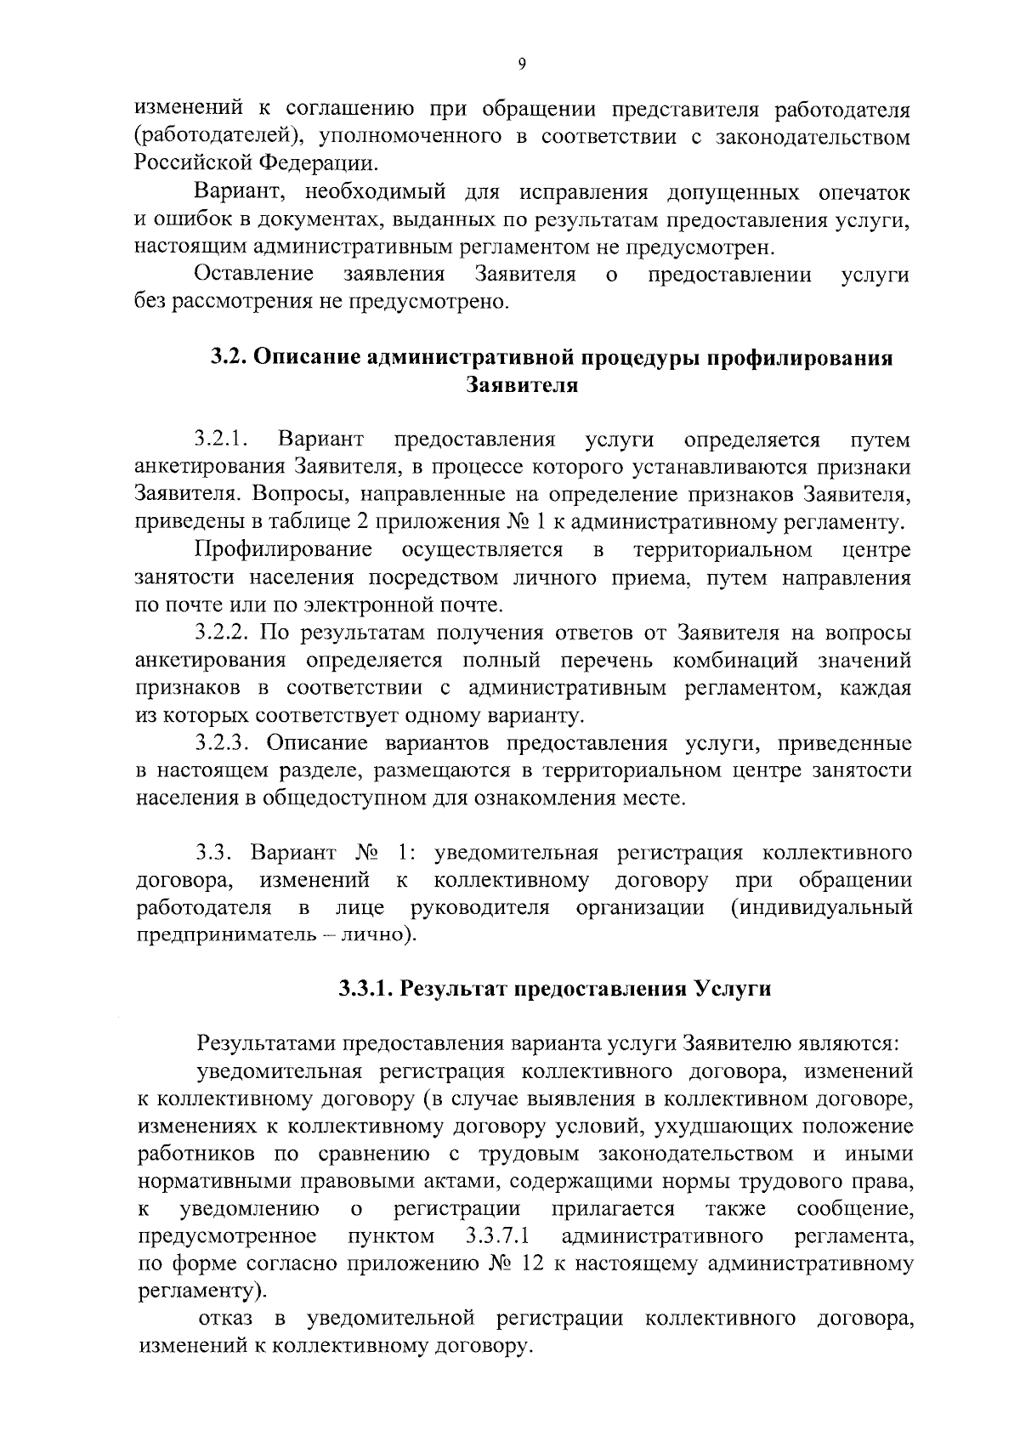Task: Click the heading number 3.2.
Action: (x=228, y=358)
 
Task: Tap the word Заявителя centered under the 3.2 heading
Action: (x=522, y=385)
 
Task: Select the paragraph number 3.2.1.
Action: (x=220, y=440)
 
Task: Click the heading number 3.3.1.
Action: (x=364, y=989)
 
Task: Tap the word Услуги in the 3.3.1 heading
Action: (x=732, y=989)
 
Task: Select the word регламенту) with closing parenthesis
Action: (x=201, y=1291)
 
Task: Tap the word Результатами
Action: (x=265, y=1042)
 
